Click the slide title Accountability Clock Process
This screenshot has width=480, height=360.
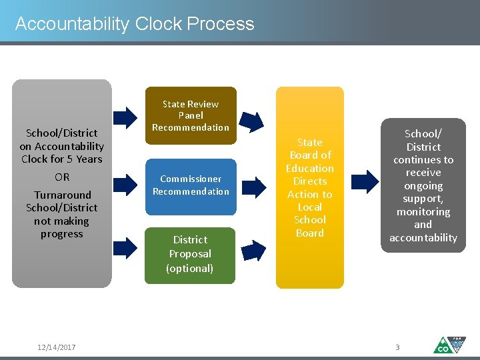pos(135,24)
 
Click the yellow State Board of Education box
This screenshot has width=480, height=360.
pos(309,187)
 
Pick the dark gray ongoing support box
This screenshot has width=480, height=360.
pos(423,185)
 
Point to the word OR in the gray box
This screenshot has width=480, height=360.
pos(62,177)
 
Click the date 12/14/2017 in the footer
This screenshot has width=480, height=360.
pos(57,347)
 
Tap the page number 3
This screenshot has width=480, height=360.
pos(398,347)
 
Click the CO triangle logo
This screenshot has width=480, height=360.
pos(449,345)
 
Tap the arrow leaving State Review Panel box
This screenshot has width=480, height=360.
pos(252,121)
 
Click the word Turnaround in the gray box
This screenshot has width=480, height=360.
pos(62,195)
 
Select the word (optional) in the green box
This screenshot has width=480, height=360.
pos(190,269)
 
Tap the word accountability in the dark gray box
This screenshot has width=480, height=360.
pos(423,238)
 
